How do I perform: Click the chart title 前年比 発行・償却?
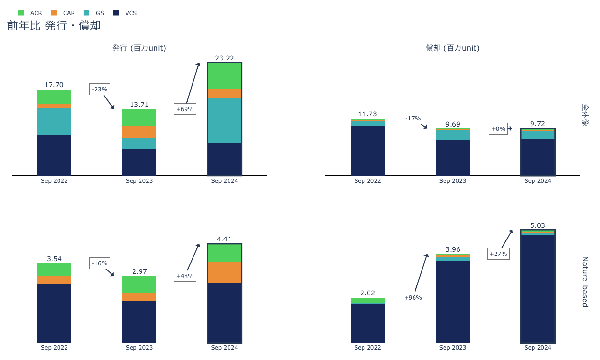click(54, 26)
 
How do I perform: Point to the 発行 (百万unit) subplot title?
click(139, 48)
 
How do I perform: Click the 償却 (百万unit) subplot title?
click(452, 48)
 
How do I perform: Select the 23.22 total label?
click(224, 58)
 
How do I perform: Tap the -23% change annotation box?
click(100, 89)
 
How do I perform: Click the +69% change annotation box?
click(185, 109)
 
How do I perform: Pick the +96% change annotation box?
click(413, 297)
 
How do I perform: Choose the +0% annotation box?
click(498, 128)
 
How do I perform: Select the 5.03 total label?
click(538, 225)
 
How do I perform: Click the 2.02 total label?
click(368, 293)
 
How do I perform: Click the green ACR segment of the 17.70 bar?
click(54, 97)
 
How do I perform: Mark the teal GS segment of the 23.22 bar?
click(224, 120)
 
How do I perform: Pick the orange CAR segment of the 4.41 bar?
click(224, 272)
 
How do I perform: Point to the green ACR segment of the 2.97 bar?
click(139, 285)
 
